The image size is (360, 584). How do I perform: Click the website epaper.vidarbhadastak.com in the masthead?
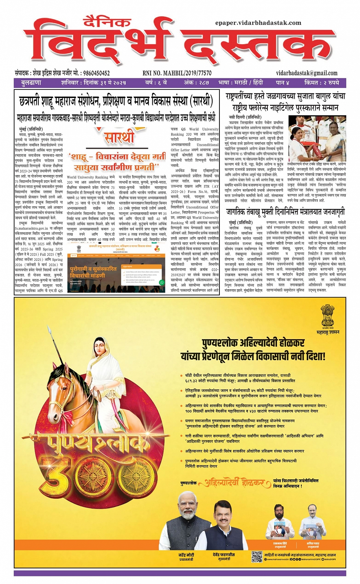point(258,23)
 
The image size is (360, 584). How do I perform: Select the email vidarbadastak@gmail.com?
point(307,73)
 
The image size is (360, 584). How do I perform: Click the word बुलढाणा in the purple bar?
point(31,83)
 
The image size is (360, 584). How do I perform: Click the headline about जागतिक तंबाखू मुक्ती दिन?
point(285,212)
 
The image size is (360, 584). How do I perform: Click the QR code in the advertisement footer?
point(257,556)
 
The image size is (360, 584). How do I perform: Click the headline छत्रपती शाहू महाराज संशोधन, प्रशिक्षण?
point(115,101)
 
